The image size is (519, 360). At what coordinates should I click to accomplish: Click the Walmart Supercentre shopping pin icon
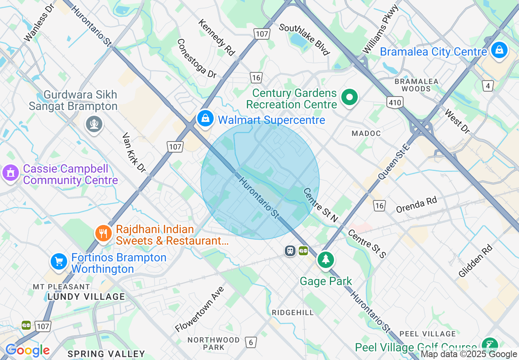point(205,119)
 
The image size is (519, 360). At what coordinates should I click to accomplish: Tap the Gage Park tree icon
point(325,260)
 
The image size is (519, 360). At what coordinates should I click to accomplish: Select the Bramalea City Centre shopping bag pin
point(499,51)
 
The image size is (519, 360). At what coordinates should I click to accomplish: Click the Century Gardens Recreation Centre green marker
point(350,98)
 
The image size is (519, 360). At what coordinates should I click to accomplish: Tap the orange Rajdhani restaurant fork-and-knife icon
point(104,234)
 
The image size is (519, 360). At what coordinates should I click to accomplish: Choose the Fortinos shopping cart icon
point(59,261)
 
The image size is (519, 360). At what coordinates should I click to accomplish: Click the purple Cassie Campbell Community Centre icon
point(11,173)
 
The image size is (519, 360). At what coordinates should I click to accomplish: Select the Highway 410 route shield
point(395,102)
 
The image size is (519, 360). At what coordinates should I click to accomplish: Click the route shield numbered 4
point(487,86)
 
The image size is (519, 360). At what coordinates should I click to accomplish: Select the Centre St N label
point(320,205)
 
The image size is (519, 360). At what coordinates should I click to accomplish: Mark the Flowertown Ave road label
point(200,309)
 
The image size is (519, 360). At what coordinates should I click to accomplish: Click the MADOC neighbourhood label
point(366,133)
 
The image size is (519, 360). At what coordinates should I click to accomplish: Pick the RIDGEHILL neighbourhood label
point(293,313)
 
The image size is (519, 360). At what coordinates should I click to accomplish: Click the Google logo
point(27,350)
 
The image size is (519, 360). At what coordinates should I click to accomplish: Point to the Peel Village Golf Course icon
point(489,345)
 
